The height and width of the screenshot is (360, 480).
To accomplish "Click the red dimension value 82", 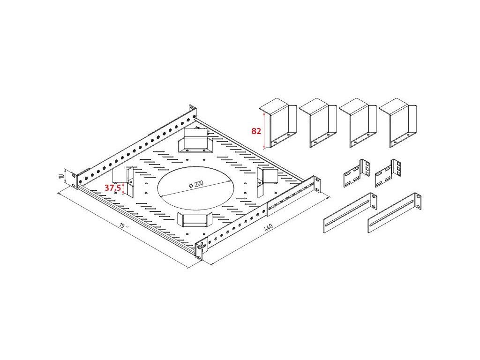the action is [x=256, y=131].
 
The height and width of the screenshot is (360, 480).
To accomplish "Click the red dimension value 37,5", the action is [x=112, y=188].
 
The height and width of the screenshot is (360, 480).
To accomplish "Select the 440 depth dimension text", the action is [x=268, y=228].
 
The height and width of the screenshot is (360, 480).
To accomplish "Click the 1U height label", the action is [x=62, y=176].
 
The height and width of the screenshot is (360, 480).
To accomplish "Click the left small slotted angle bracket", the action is [x=357, y=173].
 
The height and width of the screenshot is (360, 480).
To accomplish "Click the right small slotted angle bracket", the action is [x=388, y=173].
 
